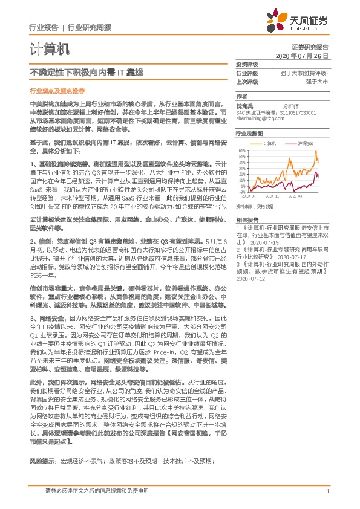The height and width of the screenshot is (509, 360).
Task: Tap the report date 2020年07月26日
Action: pyautogui.click(x=302, y=56)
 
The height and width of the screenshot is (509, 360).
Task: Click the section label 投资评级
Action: pyautogui.click(x=247, y=64)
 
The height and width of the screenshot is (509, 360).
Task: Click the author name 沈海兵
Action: pyautogui.click(x=246, y=105)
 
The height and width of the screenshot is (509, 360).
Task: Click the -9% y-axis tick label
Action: pyautogui.click(x=243, y=192)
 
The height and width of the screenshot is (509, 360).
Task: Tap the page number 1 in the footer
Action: pyautogui.click(x=327, y=492)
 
